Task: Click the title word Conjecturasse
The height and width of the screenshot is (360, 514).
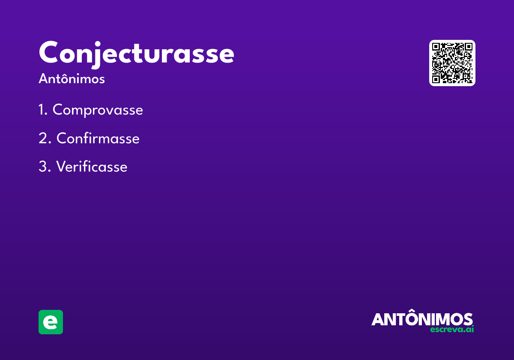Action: [137, 54]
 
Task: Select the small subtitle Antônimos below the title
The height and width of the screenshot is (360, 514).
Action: [72, 78]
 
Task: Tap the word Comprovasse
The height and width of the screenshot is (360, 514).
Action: [98, 110]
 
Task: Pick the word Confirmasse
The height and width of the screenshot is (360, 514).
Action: [98, 138]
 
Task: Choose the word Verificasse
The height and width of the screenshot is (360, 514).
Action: [92, 166]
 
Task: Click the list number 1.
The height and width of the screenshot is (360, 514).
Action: [43, 109]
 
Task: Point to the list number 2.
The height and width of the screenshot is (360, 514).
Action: [45, 138]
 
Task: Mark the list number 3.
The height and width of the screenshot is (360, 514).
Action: [45, 166]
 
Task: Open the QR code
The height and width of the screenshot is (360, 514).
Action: [452, 63]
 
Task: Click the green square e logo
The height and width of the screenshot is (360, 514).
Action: [51, 322]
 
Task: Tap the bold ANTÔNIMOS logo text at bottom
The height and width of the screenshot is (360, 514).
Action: [422, 317]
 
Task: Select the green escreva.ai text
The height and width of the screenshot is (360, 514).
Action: [452, 329]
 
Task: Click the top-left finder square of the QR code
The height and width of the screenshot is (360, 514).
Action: [436, 47]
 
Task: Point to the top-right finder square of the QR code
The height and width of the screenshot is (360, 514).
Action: [468, 47]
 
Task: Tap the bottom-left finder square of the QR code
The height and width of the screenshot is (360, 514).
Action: [436, 79]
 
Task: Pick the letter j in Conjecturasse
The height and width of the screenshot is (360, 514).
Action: [97, 55]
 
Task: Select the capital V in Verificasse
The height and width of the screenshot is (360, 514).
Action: [62, 166]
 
